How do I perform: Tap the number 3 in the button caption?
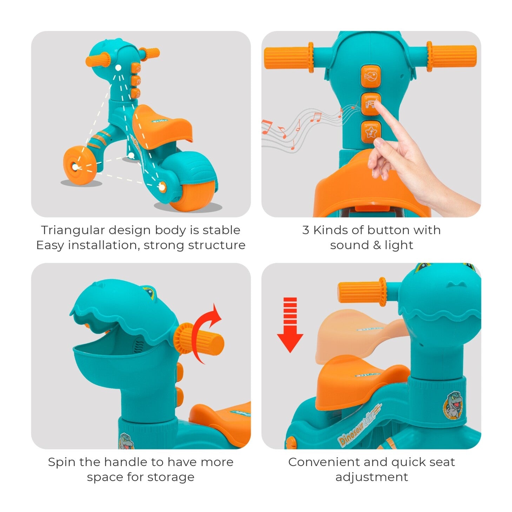click(305, 230)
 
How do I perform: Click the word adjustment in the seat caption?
click(371, 477)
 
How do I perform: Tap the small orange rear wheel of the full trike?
click(80, 165)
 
